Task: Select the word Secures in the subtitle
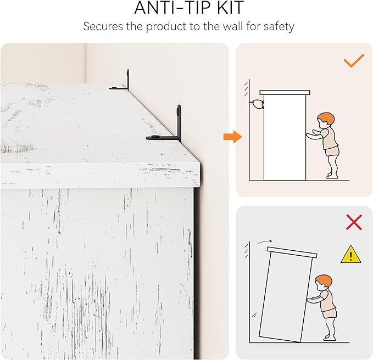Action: [103, 26]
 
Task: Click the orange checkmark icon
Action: [353, 61]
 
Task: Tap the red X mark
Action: [354, 222]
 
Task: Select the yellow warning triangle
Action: [351, 255]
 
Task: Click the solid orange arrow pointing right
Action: [232, 137]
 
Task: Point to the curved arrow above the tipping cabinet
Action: [265, 241]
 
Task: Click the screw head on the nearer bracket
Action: [155, 137]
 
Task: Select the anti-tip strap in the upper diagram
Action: [257, 104]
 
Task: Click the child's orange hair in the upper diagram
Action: [327, 118]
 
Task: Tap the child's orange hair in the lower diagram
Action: [324, 280]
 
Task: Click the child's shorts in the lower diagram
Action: [330, 313]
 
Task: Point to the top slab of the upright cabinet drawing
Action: [285, 92]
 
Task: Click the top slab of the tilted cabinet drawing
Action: [292, 252]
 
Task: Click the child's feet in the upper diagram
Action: [332, 176]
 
